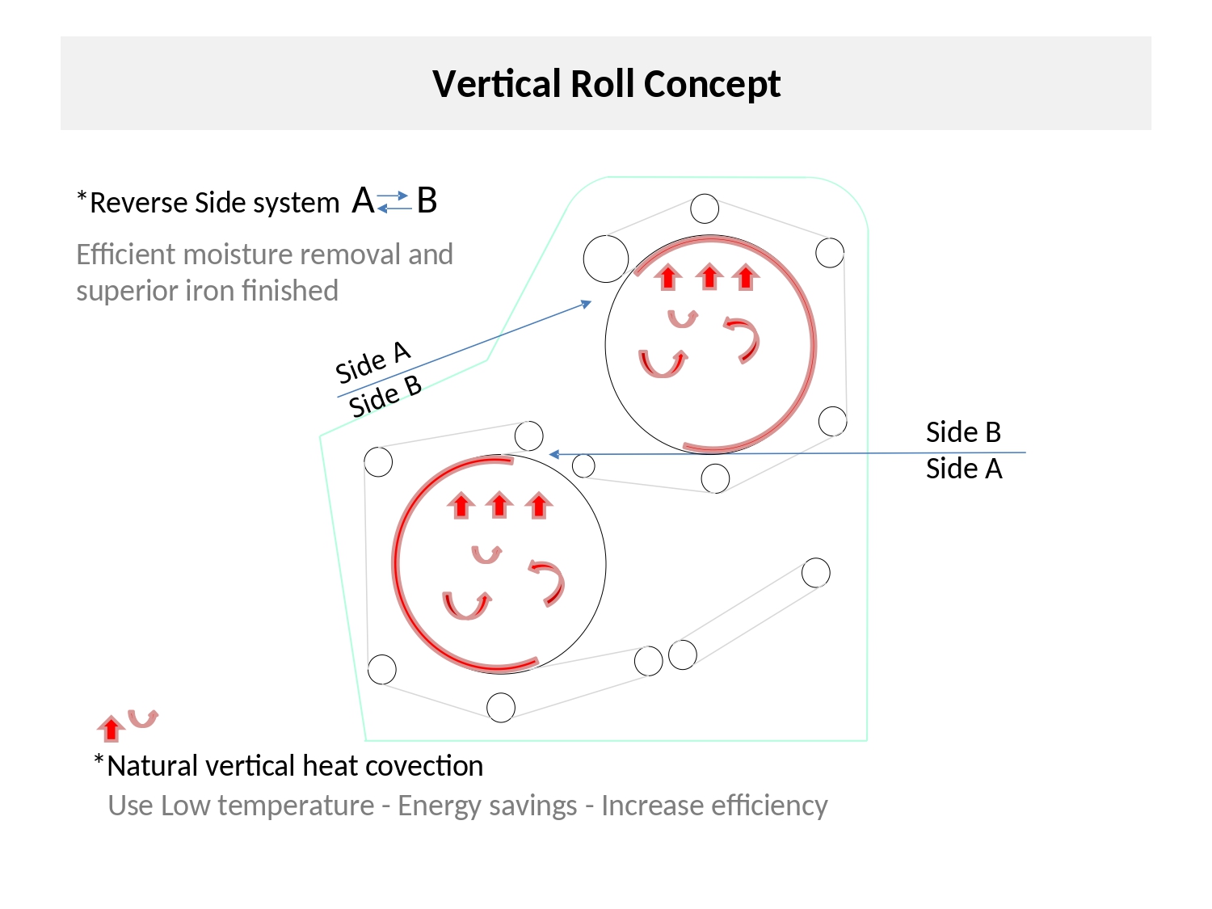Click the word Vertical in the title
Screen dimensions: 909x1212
pos(496,84)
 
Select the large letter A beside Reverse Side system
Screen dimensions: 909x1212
pos(363,200)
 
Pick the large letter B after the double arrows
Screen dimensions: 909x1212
pos(427,200)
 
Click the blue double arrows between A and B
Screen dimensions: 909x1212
pos(393,202)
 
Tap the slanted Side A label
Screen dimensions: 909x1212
pos(372,363)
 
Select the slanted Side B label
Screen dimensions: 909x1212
pos(385,397)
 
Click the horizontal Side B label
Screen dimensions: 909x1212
pos(963,432)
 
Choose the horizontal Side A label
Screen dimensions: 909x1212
pos(964,469)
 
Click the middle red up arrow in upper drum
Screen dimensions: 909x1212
pos(709,277)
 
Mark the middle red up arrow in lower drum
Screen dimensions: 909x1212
pos(499,505)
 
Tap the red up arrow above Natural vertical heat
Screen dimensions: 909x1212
pos(111,728)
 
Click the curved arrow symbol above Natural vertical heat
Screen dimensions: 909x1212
pos(143,718)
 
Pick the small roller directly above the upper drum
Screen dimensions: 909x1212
pos(705,208)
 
